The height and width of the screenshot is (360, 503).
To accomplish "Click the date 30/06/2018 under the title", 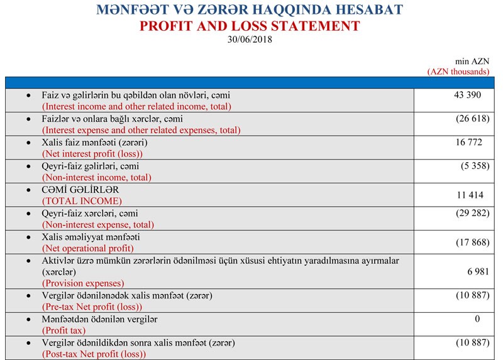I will [251, 39].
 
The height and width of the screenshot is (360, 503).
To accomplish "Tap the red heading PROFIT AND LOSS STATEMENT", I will [251, 26].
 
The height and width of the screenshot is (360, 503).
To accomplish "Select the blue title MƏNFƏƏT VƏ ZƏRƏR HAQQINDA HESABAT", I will [251, 10].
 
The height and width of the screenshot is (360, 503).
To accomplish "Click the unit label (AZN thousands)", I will [458, 72].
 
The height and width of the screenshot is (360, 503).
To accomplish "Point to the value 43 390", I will [466, 94].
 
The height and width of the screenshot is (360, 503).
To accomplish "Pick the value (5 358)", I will [475, 166].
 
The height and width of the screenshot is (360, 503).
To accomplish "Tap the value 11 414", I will [468, 195].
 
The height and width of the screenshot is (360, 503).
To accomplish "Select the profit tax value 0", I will [477, 319].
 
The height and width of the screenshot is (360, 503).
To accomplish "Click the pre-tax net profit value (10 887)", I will [473, 295].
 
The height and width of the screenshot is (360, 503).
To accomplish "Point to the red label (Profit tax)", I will [64, 330].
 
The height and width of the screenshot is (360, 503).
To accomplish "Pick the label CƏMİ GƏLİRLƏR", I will [80, 190].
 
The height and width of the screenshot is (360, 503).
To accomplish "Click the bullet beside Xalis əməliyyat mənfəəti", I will [28, 237].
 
